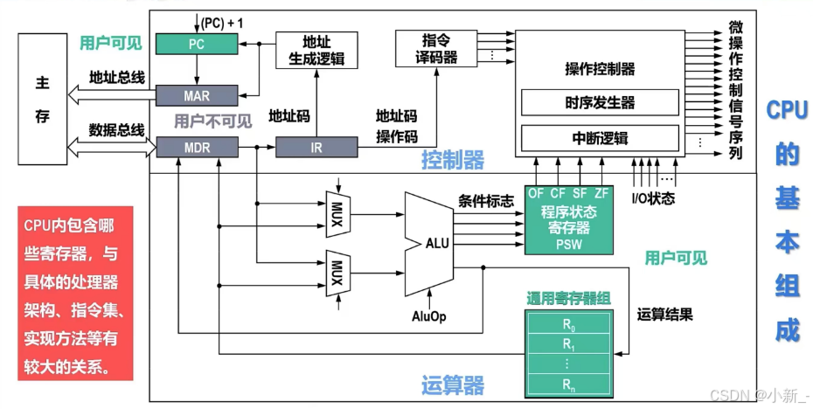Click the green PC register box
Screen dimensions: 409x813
198,42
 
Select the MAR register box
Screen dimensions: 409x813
198,94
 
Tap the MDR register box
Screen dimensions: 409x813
198,148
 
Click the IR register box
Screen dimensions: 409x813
316,148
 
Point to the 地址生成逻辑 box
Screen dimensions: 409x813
316,49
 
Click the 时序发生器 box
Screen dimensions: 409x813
600,102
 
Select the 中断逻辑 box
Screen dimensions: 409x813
600,138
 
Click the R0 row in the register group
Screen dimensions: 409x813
568,323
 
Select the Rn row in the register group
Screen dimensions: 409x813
568,384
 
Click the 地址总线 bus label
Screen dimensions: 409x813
116,77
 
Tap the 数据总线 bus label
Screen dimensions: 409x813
116,130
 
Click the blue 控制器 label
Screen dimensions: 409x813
452,160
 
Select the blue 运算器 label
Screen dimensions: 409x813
452,385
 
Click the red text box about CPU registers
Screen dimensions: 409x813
74,293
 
